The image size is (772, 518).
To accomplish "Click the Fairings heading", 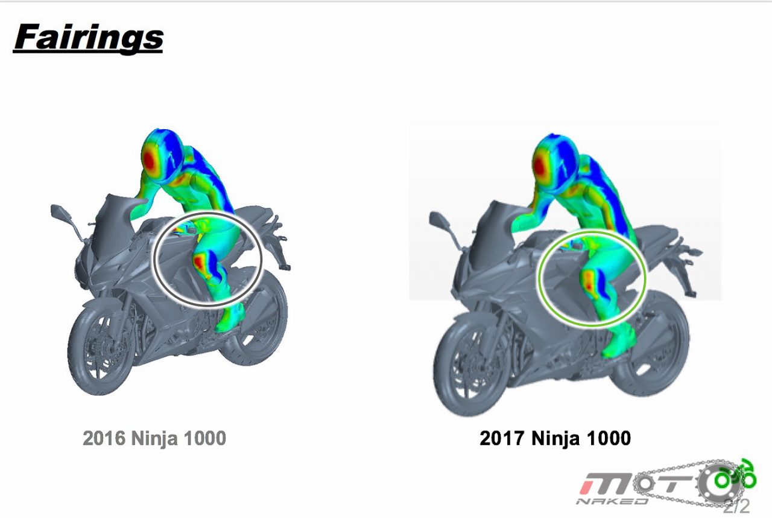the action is pyautogui.click(x=88, y=38).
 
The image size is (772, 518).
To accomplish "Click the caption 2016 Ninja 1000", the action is pyautogui.click(x=154, y=438).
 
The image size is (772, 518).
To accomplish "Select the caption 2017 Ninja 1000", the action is pyautogui.click(x=555, y=438).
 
